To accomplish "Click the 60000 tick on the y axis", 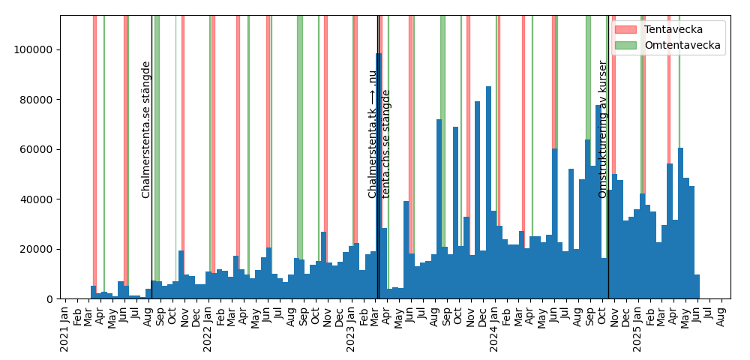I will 40,149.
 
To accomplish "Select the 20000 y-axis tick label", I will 40,249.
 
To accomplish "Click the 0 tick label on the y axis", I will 50,299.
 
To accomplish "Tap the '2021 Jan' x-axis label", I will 65,328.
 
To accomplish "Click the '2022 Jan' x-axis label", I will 208,328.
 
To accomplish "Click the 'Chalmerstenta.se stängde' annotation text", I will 146,130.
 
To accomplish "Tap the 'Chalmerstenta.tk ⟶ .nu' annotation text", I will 372,134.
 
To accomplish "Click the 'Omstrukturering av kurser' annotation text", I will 602,130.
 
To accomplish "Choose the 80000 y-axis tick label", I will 40,100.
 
